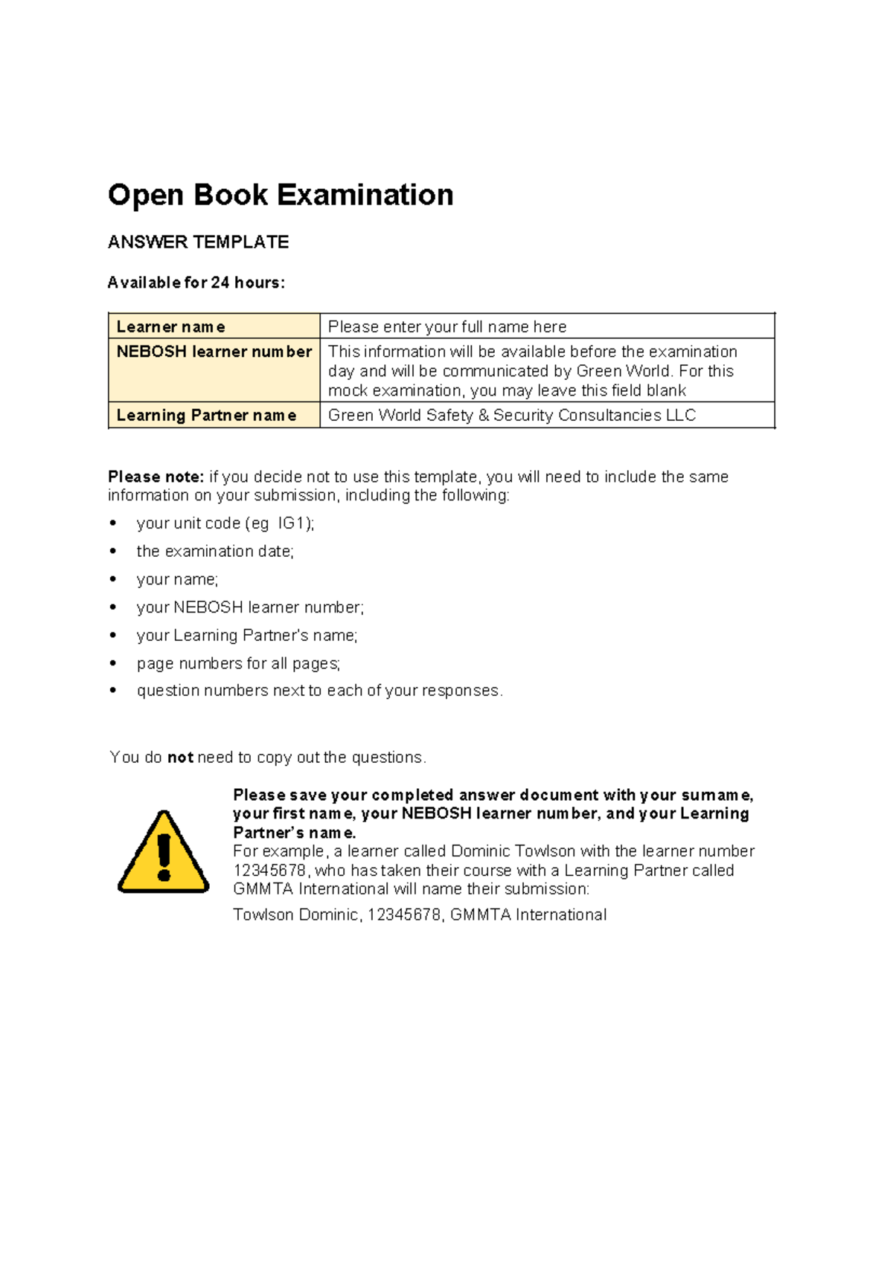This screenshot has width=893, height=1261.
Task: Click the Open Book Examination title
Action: [x=281, y=195]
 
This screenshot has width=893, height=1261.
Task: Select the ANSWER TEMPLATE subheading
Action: [x=198, y=242]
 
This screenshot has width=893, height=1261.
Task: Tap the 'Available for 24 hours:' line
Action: [x=196, y=283]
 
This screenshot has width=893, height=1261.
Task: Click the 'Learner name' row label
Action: [x=170, y=327]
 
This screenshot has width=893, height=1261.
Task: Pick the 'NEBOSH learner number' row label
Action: [x=214, y=352]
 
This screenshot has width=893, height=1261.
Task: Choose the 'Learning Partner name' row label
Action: [x=206, y=416]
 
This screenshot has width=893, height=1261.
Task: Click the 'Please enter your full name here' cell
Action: [x=447, y=327]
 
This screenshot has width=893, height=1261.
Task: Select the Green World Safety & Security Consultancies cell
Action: [x=512, y=416]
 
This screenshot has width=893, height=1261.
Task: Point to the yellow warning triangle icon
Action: [x=164, y=852]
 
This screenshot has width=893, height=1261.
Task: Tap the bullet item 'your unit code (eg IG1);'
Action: [x=225, y=523]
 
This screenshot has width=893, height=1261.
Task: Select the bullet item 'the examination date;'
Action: [x=215, y=552]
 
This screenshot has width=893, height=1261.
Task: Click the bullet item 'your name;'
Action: [x=177, y=579]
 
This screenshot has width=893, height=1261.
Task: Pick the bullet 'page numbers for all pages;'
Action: [x=238, y=663]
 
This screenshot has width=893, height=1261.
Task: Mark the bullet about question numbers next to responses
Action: [x=319, y=691]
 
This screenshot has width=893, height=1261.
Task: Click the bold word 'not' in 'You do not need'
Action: [x=180, y=758]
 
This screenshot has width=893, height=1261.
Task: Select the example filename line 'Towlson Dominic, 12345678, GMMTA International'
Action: [x=420, y=915]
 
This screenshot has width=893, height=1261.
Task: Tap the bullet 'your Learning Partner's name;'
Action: [x=247, y=636]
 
